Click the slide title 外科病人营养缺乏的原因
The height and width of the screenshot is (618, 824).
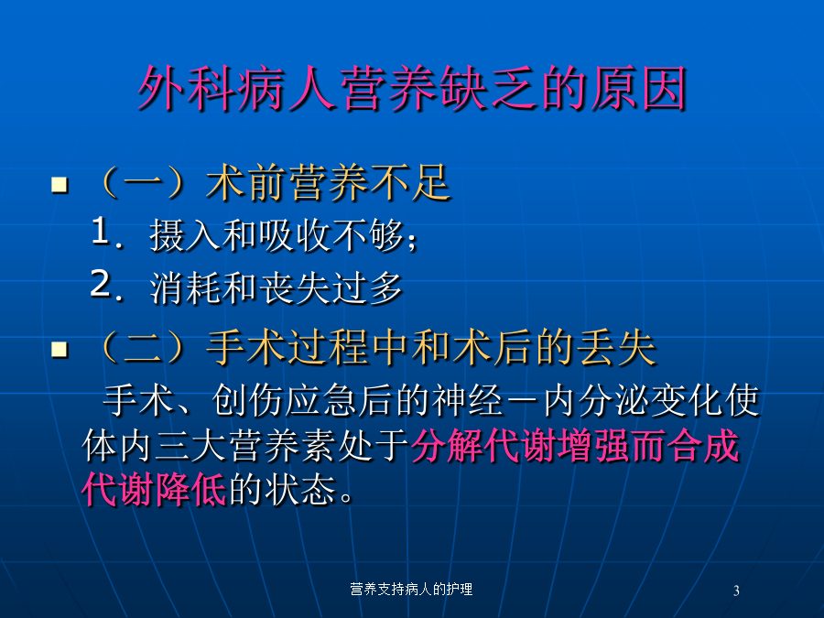point(413,88)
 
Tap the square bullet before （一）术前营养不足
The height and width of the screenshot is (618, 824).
point(60,184)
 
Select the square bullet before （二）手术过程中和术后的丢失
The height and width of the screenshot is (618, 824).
point(60,349)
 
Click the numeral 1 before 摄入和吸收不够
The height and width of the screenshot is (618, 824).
point(101,232)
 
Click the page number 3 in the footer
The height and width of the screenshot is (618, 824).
point(736,591)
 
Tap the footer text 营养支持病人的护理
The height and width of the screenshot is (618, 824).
point(411,589)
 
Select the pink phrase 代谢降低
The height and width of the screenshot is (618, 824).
point(154,490)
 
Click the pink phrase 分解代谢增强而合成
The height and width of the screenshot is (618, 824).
point(576,446)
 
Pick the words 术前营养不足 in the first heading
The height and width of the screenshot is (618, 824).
point(329,183)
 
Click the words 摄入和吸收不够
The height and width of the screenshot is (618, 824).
point(276,235)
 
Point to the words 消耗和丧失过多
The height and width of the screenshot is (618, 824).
point(276,288)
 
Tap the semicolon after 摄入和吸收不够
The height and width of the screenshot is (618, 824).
point(411,240)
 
